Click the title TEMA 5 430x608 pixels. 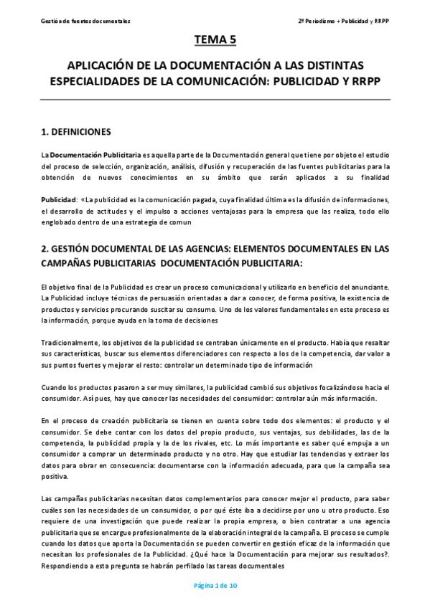coord(215,39)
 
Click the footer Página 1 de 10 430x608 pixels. coord(215,585)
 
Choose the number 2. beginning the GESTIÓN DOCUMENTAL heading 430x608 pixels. coord(45,250)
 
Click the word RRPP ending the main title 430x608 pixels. coord(364,81)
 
